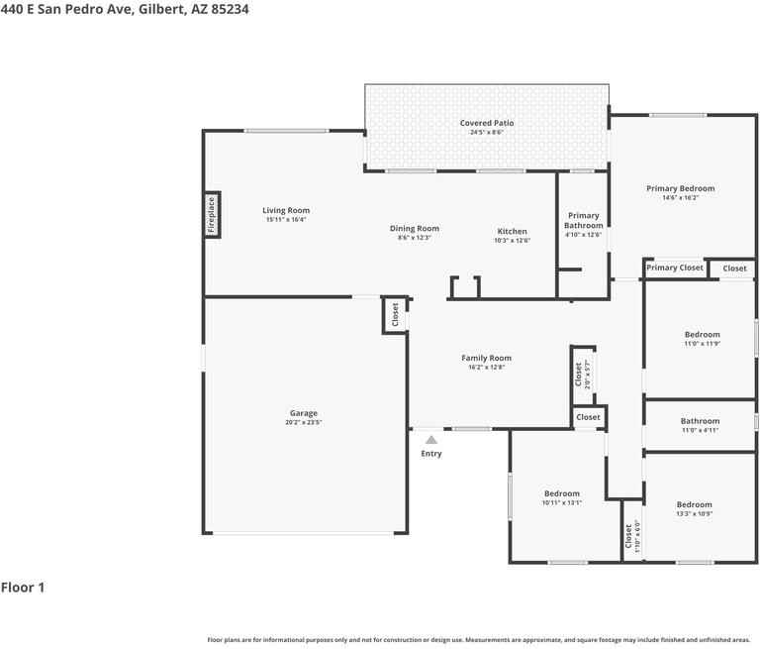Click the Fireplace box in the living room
click(x=211, y=215)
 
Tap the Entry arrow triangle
click(x=430, y=439)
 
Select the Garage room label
click(x=304, y=413)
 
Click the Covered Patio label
click(x=487, y=123)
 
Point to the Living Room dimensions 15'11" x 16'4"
click(x=286, y=220)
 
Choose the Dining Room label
click(x=414, y=228)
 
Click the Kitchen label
click(x=512, y=231)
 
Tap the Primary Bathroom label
click(x=583, y=220)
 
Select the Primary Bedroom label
click(x=680, y=188)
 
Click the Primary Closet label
click(x=675, y=268)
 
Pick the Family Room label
click(x=486, y=358)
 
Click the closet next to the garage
click(x=395, y=315)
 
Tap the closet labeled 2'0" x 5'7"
click(x=581, y=374)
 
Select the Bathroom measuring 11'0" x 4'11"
click(x=700, y=425)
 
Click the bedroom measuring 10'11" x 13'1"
click(x=561, y=497)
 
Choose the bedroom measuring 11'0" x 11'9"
click(x=702, y=339)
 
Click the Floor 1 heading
click(x=23, y=588)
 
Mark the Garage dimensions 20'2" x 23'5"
click(x=304, y=422)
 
